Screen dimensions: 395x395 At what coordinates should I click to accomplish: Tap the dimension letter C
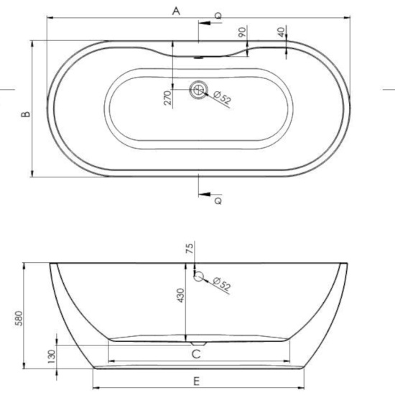pyautogui.click(x=195, y=353)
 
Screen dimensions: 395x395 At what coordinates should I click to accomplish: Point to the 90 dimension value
pyautogui.click(x=241, y=32)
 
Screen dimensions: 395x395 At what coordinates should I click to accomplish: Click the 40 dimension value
pyautogui.click(x=281, y=32)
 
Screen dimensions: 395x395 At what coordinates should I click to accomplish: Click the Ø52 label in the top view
pyautogui.click(x=222, y=98)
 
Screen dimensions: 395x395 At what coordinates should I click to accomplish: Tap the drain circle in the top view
pyautogui.click(x=197, y=90)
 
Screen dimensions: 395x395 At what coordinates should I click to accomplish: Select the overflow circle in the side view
pyautogui.click(x=199, y=275)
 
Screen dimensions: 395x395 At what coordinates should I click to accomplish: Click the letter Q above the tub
pyautogui.click(x=218, y=14)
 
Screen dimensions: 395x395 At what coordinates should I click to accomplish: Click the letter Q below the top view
pyautogui.click(x=218, y=201)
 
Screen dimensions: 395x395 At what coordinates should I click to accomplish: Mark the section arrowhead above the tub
pyautogui.click(x=205, y=22)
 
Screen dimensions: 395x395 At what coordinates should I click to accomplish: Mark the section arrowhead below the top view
pyautogui.click(x=205, y=194)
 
